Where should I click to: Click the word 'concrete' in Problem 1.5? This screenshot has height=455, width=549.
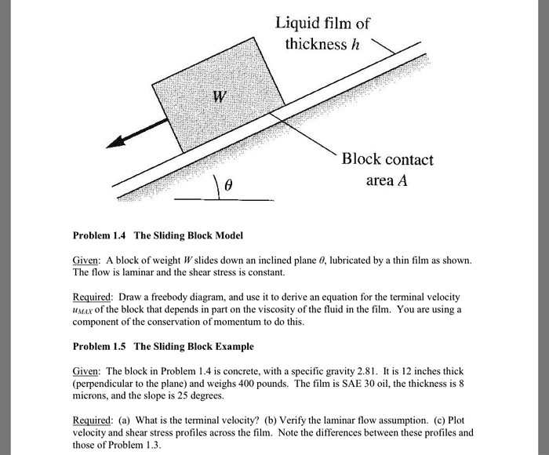point(238,370)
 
